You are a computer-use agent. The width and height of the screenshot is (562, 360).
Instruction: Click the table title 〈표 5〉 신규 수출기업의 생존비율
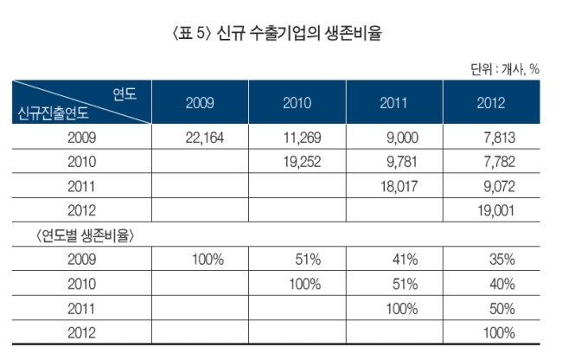coord(277,33)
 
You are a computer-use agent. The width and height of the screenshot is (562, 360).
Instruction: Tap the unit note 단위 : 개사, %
coord(505,69)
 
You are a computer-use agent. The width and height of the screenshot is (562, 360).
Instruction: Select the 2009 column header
coord(200,103)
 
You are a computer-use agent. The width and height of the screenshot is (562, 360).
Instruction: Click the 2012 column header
coord(491,103)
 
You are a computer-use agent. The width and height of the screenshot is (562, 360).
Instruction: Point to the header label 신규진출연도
coord(53,113)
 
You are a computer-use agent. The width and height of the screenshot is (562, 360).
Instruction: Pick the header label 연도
coord(125,94)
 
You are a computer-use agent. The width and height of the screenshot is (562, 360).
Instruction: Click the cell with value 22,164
coord(205,138)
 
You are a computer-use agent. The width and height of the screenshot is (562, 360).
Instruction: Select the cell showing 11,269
coord(302,138)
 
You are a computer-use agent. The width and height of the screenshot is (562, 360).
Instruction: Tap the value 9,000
coord(402,138)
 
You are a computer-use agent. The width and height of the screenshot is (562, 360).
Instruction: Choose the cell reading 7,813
coord(499,138)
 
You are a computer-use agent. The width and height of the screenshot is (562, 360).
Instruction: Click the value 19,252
coord(302,162)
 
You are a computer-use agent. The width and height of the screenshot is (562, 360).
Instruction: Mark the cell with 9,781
coord(402,162)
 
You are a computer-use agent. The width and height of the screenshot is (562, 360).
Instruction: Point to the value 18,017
coord(399,186)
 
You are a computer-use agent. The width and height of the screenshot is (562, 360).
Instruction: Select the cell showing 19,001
coord(495,210)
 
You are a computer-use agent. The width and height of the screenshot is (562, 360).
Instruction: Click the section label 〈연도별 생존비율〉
coord(85,235)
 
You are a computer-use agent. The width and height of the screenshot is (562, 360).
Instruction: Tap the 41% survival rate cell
coord(405,260)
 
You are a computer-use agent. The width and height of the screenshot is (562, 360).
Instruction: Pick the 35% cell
coord(502,260)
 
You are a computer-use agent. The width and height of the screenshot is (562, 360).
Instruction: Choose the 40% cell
coord(502,284)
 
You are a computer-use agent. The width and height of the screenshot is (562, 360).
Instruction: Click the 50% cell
coord(502,309)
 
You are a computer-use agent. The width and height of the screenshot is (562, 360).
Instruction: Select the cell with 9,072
coord(499,186)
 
